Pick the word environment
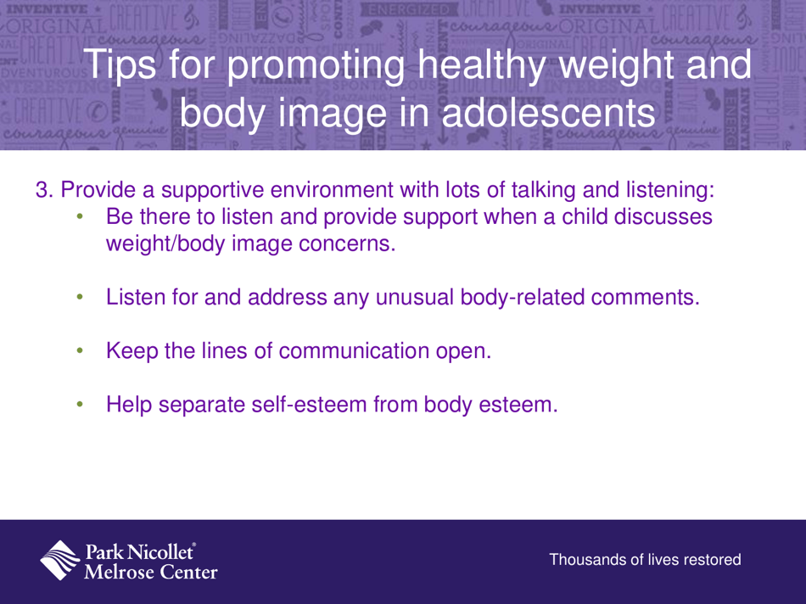point(347,191)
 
